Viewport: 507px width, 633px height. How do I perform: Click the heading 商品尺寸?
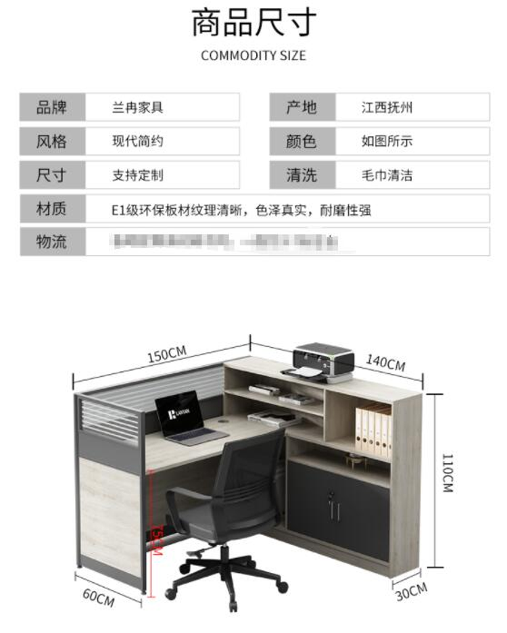(254, 22)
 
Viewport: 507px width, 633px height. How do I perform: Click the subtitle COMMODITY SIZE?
(254, 55)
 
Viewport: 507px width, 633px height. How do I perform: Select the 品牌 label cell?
(52, 107)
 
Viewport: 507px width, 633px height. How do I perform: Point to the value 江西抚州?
(387, 108)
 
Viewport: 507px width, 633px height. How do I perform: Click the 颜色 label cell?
(301, 141)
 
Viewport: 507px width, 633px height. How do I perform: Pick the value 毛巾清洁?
(387, 176)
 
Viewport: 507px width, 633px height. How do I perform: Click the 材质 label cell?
(52, 210)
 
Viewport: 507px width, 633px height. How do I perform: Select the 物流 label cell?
(52, 241)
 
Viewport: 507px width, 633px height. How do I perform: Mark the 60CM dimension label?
(98, 596)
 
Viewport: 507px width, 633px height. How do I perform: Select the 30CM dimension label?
(411, 591)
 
